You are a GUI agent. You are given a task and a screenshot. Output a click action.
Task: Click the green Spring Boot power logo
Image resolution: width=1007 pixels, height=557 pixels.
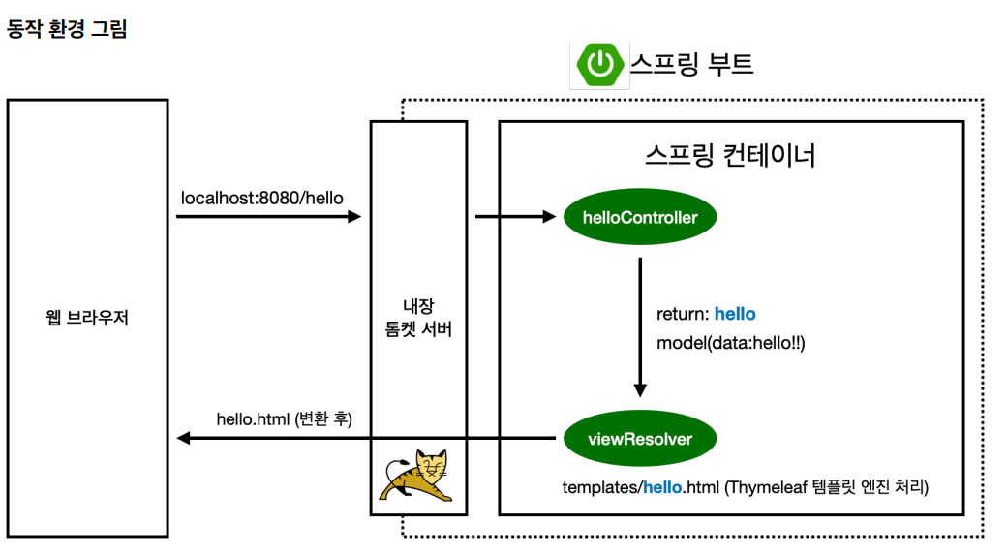[599, 64]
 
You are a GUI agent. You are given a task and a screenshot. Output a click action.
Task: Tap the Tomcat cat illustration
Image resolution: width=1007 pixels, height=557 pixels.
[417, 476]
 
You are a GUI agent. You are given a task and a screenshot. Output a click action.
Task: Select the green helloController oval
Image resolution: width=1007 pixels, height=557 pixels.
[640, 218]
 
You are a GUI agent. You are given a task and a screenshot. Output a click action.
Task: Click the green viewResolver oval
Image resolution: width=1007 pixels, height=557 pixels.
[640, 439]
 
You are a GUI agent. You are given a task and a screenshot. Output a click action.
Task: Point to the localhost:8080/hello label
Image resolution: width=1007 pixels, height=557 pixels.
[262, 198]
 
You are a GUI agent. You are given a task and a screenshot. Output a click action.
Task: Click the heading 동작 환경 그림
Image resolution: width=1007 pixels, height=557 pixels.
[67, 29]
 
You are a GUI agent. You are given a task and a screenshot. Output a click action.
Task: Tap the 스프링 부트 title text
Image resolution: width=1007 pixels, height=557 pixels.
[691, 64]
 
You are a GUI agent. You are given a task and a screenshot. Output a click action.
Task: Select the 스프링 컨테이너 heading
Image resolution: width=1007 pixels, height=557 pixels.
[730, 155]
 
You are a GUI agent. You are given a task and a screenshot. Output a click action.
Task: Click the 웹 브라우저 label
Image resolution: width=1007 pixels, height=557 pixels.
[87, 318]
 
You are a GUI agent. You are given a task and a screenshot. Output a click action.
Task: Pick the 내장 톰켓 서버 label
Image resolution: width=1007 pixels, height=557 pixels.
[418, 318]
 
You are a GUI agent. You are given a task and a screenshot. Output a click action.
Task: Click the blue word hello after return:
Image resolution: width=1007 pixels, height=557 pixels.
[735, 314]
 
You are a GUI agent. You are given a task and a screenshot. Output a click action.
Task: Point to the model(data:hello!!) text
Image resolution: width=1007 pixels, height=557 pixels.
[731, 343]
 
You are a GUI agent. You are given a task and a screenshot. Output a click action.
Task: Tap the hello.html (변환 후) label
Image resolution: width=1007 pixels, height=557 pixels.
[284, 419]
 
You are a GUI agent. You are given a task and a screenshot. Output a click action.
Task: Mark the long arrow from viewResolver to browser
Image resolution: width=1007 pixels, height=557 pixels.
[368, 439]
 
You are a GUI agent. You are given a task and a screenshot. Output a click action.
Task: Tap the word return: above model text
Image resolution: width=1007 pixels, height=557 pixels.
[683, 314]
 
